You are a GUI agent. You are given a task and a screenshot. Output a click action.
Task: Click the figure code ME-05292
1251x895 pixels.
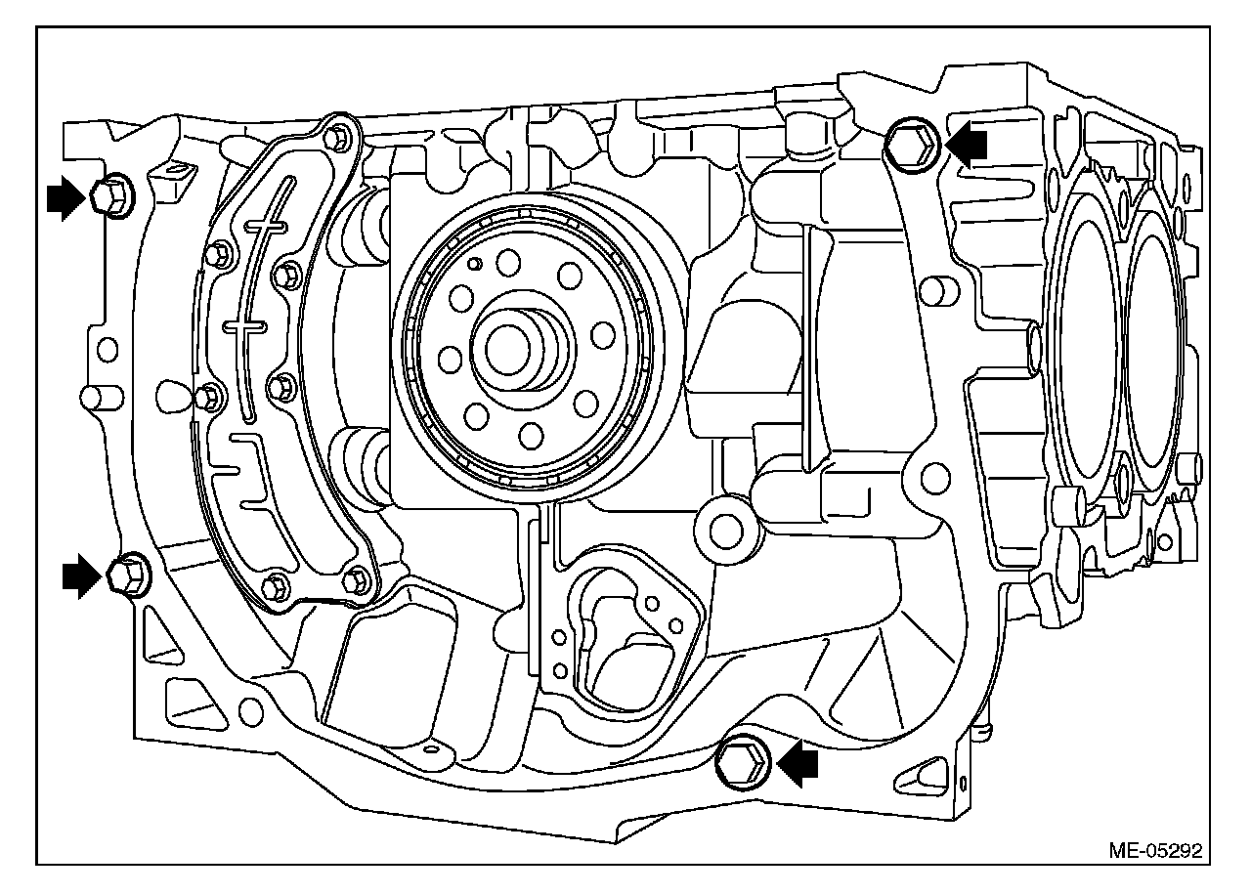tap(1154, 849)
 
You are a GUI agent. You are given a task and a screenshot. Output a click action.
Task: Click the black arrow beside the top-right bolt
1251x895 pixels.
tap(967, 146)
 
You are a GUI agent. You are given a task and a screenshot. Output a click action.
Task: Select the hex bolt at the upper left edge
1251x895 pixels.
tap(112, 195)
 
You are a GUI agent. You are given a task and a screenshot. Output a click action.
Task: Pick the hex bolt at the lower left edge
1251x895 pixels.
tap(127, 574)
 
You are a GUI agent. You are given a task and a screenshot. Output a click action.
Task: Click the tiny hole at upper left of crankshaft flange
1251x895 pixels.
tap(474, 264)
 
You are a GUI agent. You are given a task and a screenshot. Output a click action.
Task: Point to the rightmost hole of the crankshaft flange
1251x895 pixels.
tap(604, 335)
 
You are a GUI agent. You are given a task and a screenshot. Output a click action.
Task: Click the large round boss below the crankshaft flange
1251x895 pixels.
tap(725, 531)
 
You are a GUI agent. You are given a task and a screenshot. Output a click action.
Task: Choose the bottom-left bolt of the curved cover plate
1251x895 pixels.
tap(274, 587)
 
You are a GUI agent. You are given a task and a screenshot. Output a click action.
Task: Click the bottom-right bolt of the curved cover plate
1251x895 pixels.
tap(355, 578)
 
